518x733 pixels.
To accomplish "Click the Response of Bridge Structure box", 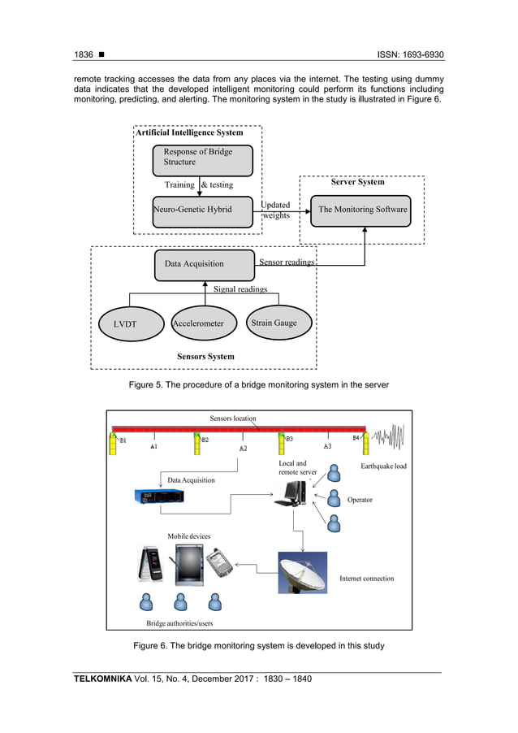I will [202, 160].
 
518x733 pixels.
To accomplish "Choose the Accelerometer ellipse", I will [198, 323].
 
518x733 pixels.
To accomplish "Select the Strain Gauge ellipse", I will [274, 323].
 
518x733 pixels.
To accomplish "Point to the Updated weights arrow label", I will [276, 210].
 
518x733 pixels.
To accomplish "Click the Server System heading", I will [357, 182].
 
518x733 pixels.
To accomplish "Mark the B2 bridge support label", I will [205, 440].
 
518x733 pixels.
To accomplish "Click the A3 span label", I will [327, 446].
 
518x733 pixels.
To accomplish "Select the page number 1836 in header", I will [84, 55].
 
